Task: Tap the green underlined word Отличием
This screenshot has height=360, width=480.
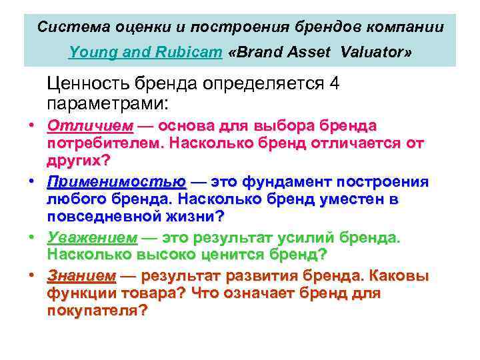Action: point(90,127)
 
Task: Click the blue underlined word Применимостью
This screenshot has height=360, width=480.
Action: point(117,183)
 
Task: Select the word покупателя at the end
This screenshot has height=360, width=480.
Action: point(93,311)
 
